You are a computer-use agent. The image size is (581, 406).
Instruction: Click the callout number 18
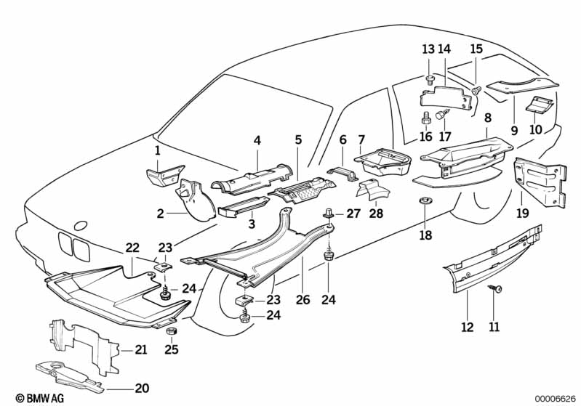[x=425, y=235]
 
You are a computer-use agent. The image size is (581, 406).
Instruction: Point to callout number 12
[x=467, y=327]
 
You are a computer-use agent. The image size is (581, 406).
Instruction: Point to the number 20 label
[x=141, y=388]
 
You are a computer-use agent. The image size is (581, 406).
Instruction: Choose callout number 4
[x=256, y=140]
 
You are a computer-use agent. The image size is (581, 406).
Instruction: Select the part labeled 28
[x=372, y=191]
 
